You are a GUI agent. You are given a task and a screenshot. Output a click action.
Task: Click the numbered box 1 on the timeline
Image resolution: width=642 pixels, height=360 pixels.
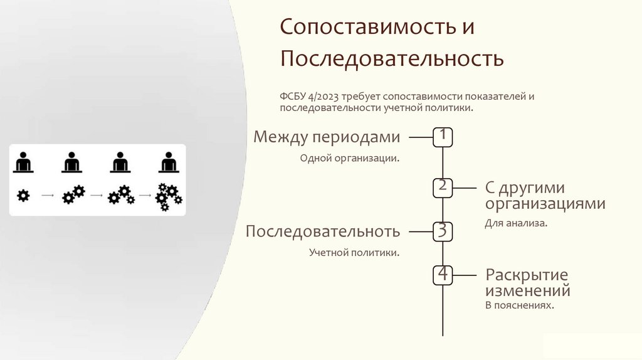point(443,137)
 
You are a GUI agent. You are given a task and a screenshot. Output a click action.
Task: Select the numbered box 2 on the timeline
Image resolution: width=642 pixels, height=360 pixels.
point(443,188)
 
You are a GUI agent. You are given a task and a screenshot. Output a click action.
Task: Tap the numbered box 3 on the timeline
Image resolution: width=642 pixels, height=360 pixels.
point(443,231)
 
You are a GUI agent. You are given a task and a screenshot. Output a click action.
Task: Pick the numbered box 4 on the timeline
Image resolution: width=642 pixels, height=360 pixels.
point(443,275)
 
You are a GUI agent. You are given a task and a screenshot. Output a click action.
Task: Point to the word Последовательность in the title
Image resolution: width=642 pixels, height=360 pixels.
point(392,59)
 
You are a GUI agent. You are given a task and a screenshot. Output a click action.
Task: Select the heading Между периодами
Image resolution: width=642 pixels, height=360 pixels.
point(326,137)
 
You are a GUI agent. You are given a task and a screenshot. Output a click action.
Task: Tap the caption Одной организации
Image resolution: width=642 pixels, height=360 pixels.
point(350,158)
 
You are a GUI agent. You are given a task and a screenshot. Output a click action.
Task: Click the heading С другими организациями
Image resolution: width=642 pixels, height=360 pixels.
point(545,196)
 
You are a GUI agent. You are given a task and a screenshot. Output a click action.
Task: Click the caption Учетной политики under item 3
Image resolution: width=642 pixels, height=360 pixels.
point(354,253)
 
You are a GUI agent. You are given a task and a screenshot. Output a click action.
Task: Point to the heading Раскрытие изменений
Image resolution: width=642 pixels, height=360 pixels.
point(527,282)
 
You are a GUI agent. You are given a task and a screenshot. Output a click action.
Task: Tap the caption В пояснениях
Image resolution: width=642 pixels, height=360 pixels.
point(520,305)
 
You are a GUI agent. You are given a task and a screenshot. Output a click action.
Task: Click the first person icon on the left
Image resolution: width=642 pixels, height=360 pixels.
point(23,162)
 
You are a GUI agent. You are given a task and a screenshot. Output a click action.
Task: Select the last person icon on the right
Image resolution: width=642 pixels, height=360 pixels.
point(167,162)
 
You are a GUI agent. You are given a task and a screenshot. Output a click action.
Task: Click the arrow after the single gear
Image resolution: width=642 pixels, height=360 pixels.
point(47,196)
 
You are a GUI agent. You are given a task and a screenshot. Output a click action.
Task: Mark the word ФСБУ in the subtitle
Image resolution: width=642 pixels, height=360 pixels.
point(292,97)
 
